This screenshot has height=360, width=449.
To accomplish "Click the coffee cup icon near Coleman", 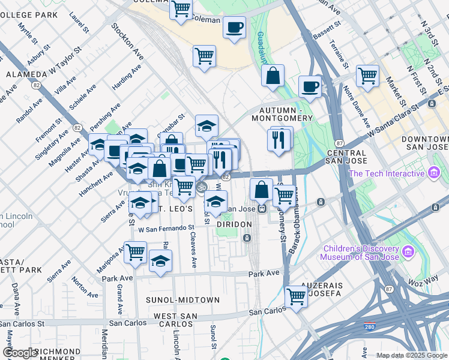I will click(234, 27).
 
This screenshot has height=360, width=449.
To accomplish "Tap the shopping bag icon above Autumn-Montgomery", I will click(273, 76).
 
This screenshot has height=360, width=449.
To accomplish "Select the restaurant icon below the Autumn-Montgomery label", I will click(278, 140).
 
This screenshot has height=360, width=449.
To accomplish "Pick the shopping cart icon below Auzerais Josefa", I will click(296, 296).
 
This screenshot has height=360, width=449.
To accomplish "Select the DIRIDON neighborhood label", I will click(234, 223).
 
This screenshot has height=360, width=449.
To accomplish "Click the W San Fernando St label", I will click(166, 228).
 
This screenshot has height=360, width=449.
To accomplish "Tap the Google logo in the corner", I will click(19, 353).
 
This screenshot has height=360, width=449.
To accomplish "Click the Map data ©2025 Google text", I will click(412, 355).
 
